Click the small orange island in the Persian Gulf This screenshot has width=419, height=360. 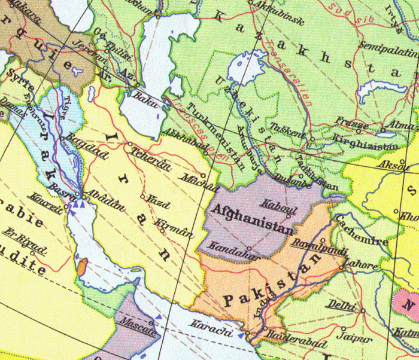(81, 267)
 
